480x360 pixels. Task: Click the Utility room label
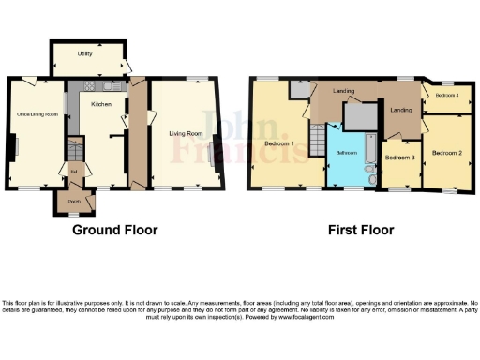tap(84, 54)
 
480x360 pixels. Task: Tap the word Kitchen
tap(101, 104)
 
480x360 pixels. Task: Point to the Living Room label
tap(186, 134)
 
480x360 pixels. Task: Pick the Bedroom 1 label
tap(279, 143)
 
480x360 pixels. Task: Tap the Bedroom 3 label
tap(400, 157)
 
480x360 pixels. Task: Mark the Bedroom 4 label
tap(445, 95)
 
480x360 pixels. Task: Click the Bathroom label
tap(347, 152)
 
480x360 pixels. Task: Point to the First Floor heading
tap(361, 230)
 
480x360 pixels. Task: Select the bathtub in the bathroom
tap(367, 150)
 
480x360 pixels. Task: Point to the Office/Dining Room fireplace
tap(11, 148)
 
